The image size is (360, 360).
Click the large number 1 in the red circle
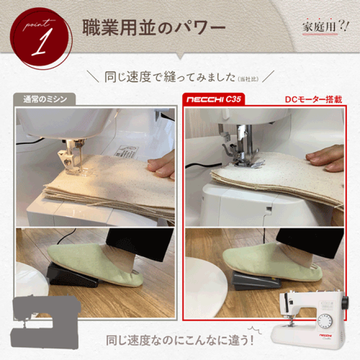pos(43,42)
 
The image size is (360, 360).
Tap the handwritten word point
pos(38,24)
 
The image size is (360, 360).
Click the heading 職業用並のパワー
pos(154,27)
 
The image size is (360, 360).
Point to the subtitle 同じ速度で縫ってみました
pos(170,77)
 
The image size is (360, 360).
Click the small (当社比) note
pos(248,79)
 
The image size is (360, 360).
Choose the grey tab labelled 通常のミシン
pos(44,99)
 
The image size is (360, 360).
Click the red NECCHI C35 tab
pos(213,99)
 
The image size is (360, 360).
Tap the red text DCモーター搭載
pos(313,99)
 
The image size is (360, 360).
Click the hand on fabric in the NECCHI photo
pos(326,158)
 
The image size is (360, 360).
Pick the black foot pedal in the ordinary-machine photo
pos(71,275)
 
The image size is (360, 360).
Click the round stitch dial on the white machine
pos(324,321)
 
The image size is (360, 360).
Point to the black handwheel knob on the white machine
pos(345,302)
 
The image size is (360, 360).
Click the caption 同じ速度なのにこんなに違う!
pos(179,340)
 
